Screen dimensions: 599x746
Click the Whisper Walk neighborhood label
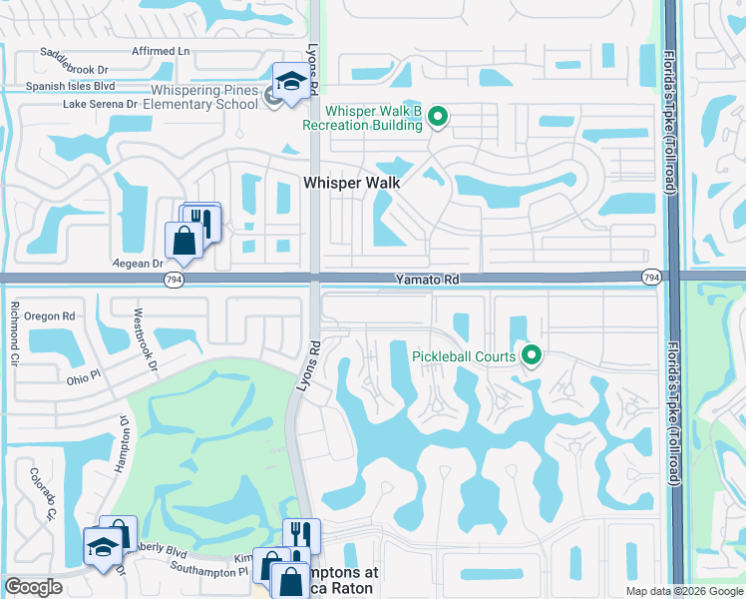click(x=351, y=183)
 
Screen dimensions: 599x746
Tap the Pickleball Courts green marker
click(x=532, y=355)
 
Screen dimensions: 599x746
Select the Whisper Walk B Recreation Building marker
click(x=437, y=119)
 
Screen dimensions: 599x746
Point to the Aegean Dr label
click(x=142, y=264)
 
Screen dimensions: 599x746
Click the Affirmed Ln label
click(x=160, y=50)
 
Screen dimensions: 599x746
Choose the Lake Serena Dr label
click(x=100, y=103)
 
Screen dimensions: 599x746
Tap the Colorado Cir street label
click(x=40, y=494)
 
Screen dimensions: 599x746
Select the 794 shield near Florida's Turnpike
click(x=651, y=277)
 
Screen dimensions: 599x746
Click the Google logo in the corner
click(x=34, y=587)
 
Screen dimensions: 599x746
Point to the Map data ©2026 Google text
click(x=683, y=591)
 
